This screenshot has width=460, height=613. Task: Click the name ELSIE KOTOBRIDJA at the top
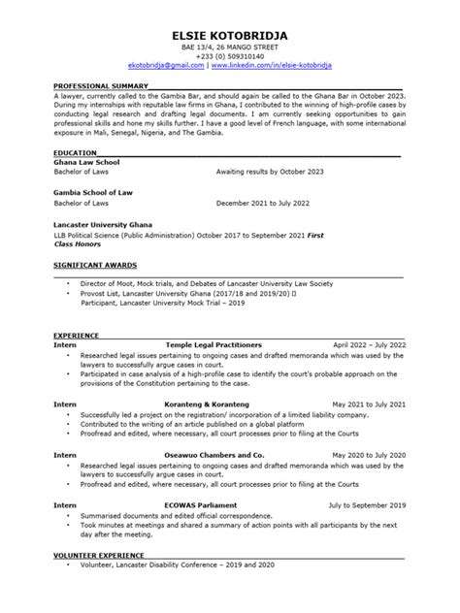pyautogui.click(x=229, y=37)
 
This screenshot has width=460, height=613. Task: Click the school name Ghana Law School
pyautogui.click(x=92, y=162)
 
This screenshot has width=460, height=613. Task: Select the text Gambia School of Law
pyautogui.click(x=99, y=193)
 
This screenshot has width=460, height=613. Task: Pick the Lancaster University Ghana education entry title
pyautogui.click(x=114, y=223)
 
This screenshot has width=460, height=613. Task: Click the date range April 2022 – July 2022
pyautogui.click(x=369, y=345)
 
